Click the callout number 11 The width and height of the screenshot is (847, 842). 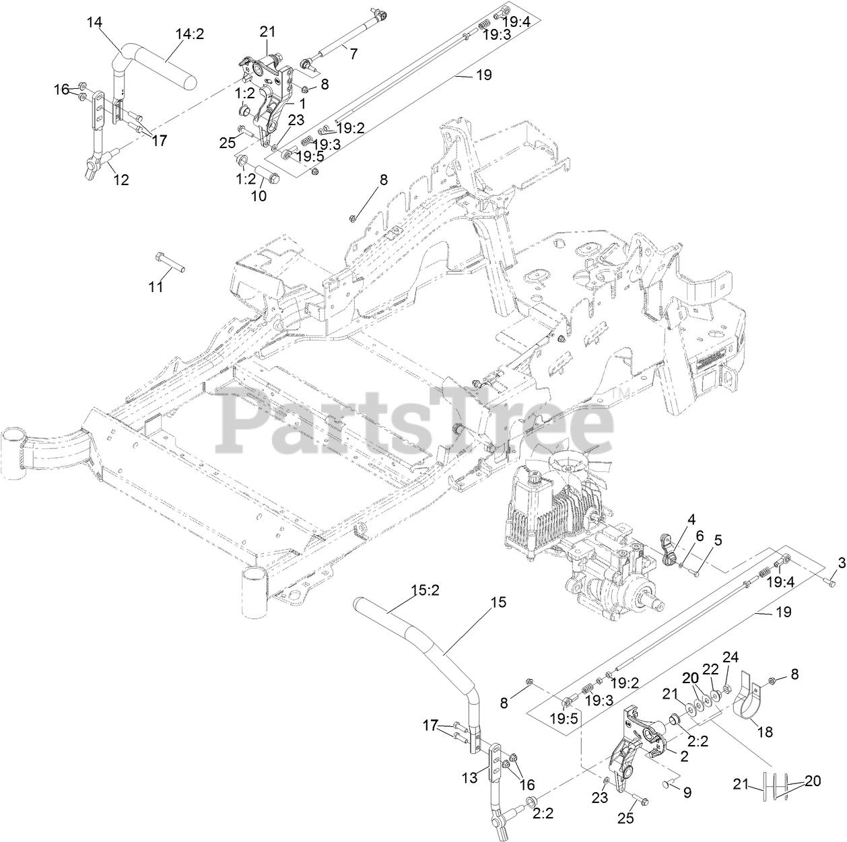tap(156, 287)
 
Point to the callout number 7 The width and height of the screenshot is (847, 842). tap(353, 55)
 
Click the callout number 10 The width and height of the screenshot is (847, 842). tap(259, 196)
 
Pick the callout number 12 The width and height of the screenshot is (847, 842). tap(121, 180)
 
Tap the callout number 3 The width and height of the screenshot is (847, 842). tap(841, 563)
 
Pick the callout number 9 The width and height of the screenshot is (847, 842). tap(687, 793)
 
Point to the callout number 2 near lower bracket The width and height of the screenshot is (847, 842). tap(684, 756)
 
